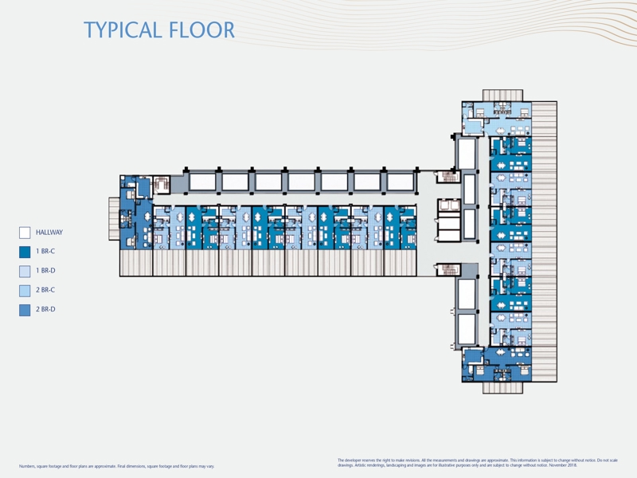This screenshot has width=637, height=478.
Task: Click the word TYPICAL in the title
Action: pyautogui.click(x=123, y=30)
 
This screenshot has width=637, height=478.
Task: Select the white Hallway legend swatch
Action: pyautogui.click(x=25, y=233)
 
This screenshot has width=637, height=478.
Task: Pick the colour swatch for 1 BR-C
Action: pyautogui.click(x=25, y=252)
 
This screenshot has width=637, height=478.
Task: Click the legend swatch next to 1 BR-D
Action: pyautogui.click(x=25, y=272)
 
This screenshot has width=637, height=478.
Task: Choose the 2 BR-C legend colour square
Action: pyautogui.click(x=25, y=291)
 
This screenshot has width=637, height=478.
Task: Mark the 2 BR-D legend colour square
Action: pyautogui.click(x=25, y=310)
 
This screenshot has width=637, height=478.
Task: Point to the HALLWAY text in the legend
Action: pyautogui.click(x=49, y=233)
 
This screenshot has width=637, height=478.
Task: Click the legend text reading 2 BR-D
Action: pyautogui.click(x=45, y=310)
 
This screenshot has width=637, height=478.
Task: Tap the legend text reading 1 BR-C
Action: pyautogui.click(x=45, y=252)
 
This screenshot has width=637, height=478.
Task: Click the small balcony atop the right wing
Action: pyautogui.click(x=502, y=95)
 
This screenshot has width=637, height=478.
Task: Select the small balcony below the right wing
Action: pyautogui.click(x=502, y=388)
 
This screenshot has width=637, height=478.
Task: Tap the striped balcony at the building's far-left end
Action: pyautogui.click(x=113, y=218)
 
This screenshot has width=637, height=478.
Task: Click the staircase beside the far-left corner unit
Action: pyautogui.click(x=162, y=184)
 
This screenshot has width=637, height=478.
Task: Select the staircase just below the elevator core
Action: pyautogui.click(x=449, y=269)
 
